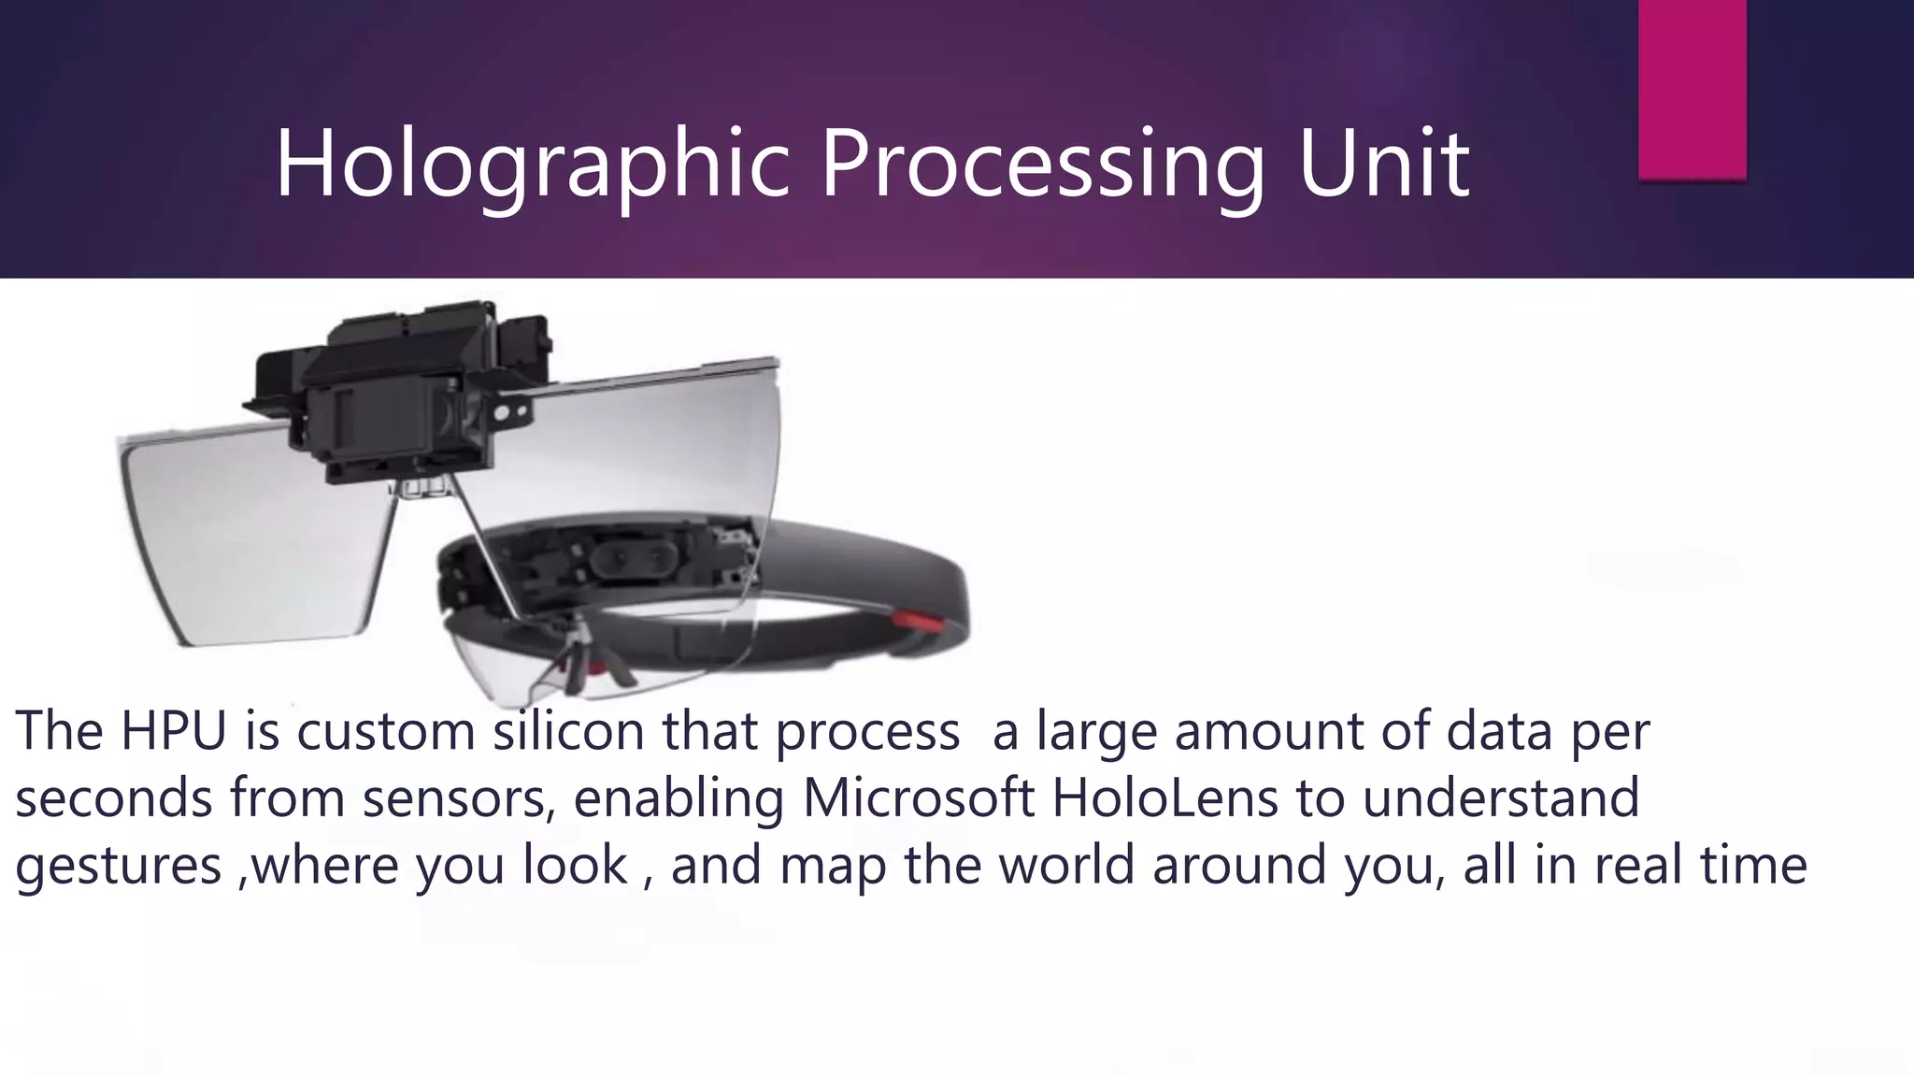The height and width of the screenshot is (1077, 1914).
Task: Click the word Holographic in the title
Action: coord(533,165)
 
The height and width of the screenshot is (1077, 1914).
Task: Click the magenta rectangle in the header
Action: coord(1692,89)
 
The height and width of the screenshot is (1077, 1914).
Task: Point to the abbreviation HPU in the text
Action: coord(174,730)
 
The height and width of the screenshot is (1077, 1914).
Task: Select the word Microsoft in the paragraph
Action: coord(918,797)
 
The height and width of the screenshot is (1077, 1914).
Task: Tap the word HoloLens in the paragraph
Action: coord(1164,797)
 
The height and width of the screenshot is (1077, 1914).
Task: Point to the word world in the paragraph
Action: coord(1066,865)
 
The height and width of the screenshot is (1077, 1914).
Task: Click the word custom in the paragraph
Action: coord(386,730)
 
